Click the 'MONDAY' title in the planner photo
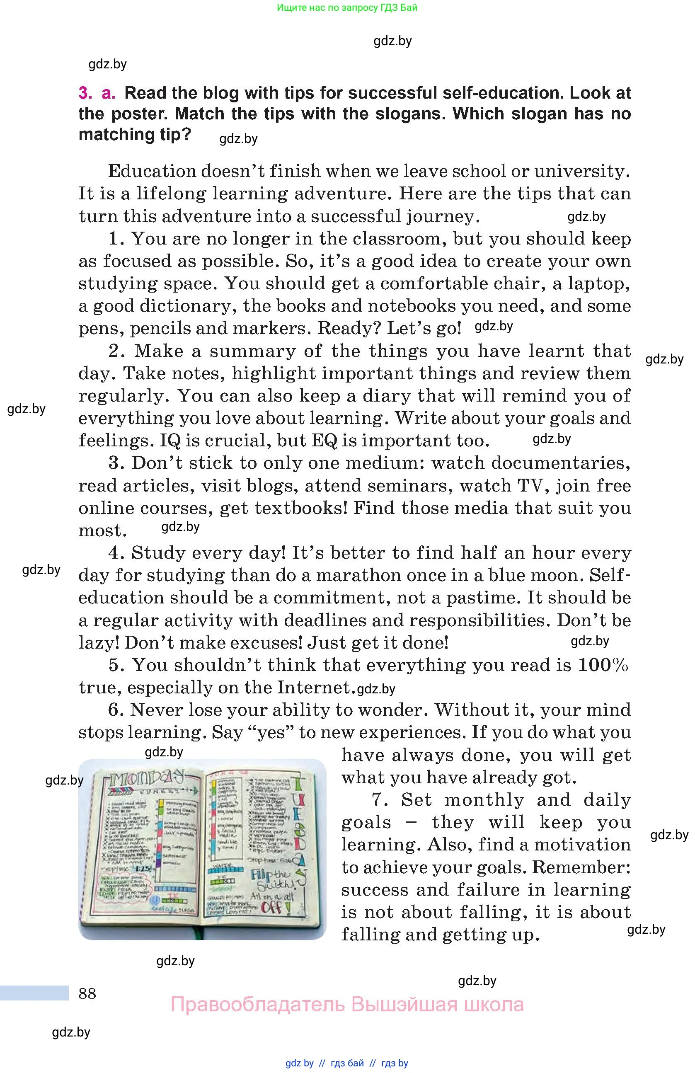click(x=146, y=778)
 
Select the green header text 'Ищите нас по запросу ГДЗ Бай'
click(x=347, y=7)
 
